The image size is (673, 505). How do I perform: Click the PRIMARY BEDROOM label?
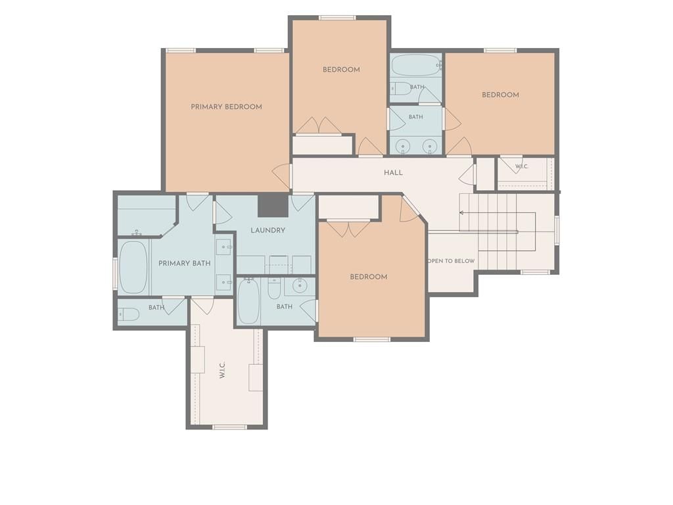(x=226, y=107)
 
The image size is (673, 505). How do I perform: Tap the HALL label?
(x=393, y=173)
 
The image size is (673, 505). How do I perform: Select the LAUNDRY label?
(x=268, y=230)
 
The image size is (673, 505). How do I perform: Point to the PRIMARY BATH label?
(x=185, y=263)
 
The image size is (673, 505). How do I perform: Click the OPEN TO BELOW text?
(x=452, y=260)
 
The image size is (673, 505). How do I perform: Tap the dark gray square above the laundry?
(x=273, y=205)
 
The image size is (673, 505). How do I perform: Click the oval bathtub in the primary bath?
(x=133, y=267)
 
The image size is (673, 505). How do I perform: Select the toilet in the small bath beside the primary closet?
(x=129, y=315)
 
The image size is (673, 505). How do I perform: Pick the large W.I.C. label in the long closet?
(x=222, y=370)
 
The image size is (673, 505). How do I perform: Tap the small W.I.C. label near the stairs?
(x=522, y=166)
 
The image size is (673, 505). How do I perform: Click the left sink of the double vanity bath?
(x=403, y=147)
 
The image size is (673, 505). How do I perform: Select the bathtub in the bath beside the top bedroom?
(x=416, y=65)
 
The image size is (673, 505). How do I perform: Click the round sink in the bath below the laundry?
(x=300, y=285)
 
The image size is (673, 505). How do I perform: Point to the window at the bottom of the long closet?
(x=229, y=427)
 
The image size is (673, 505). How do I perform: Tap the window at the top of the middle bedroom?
(x=337, y=18)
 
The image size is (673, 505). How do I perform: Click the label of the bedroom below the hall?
(x=369, y=277)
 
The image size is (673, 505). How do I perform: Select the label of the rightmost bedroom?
(x=500, y=95)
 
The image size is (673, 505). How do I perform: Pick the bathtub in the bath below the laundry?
(x=248, y=301)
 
